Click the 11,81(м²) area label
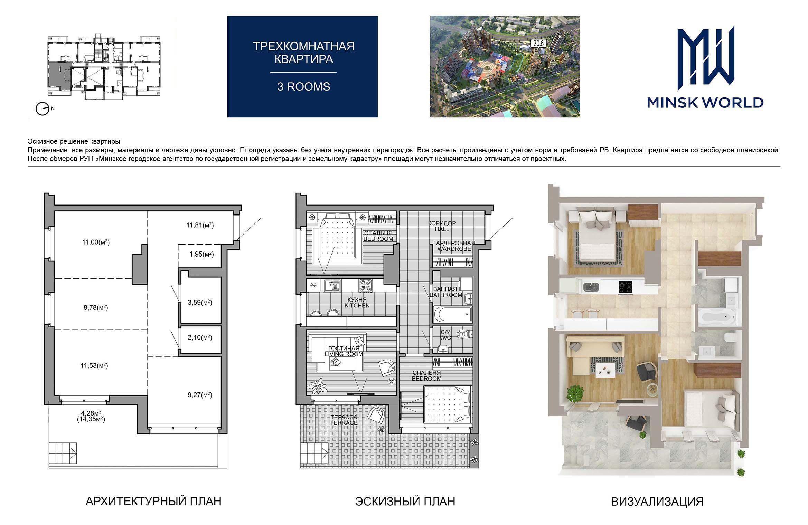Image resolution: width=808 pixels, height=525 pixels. click(x=200, y=226)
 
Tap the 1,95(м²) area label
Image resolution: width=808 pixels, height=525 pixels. click(x=201, y=255)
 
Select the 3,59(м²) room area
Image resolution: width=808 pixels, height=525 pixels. click(x=200, y=303)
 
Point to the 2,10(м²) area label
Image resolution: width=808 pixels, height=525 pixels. click(x=200, y=337)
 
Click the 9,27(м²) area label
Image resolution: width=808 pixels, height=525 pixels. click(x=200, y=395)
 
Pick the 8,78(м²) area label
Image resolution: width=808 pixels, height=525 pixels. click(x=96, y=307)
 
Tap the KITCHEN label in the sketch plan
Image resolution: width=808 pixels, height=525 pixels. click(x=357, y=306)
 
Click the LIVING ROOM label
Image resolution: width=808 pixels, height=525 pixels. click(x=344, y=354)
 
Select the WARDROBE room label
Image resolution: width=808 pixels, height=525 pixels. click(x=454, y=249)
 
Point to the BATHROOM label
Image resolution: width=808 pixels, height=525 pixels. click(x=446, y=295)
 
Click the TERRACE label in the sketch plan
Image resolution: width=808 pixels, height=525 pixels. click(x=344, y=423)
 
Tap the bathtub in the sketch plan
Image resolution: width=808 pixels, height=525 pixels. click(x=452, y=314)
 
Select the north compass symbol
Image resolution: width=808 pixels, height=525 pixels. click(x=43, y=109)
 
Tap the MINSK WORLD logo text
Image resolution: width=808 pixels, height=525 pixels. click(x=705, y=102)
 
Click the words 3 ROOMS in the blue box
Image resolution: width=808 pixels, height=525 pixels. click(x=303, y=86)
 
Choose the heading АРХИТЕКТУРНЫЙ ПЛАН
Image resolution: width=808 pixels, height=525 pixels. click(x=153, y=501)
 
